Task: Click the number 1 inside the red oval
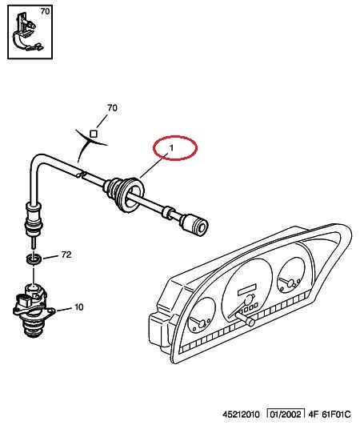pos(171,148)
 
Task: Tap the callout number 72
pos(66,255)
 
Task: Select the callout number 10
pos(78,307)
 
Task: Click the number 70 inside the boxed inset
pos(46,11)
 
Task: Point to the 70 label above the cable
pos(112,108)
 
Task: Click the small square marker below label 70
pos(94,134)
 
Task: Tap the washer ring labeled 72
pos(34,259)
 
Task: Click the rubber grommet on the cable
pos(124,193)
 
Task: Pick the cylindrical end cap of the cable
pos(194,225)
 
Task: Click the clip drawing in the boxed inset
pos(26,33)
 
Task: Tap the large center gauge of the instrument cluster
pos(246,289)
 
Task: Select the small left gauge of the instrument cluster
pos(202,315)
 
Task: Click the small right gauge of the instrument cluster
pos(290,275)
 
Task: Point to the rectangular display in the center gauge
pos(246,290)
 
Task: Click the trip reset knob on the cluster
pos(246,319)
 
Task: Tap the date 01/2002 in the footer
pos(286,415)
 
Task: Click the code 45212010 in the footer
pos(241,415)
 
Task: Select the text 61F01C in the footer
pos(336,415)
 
